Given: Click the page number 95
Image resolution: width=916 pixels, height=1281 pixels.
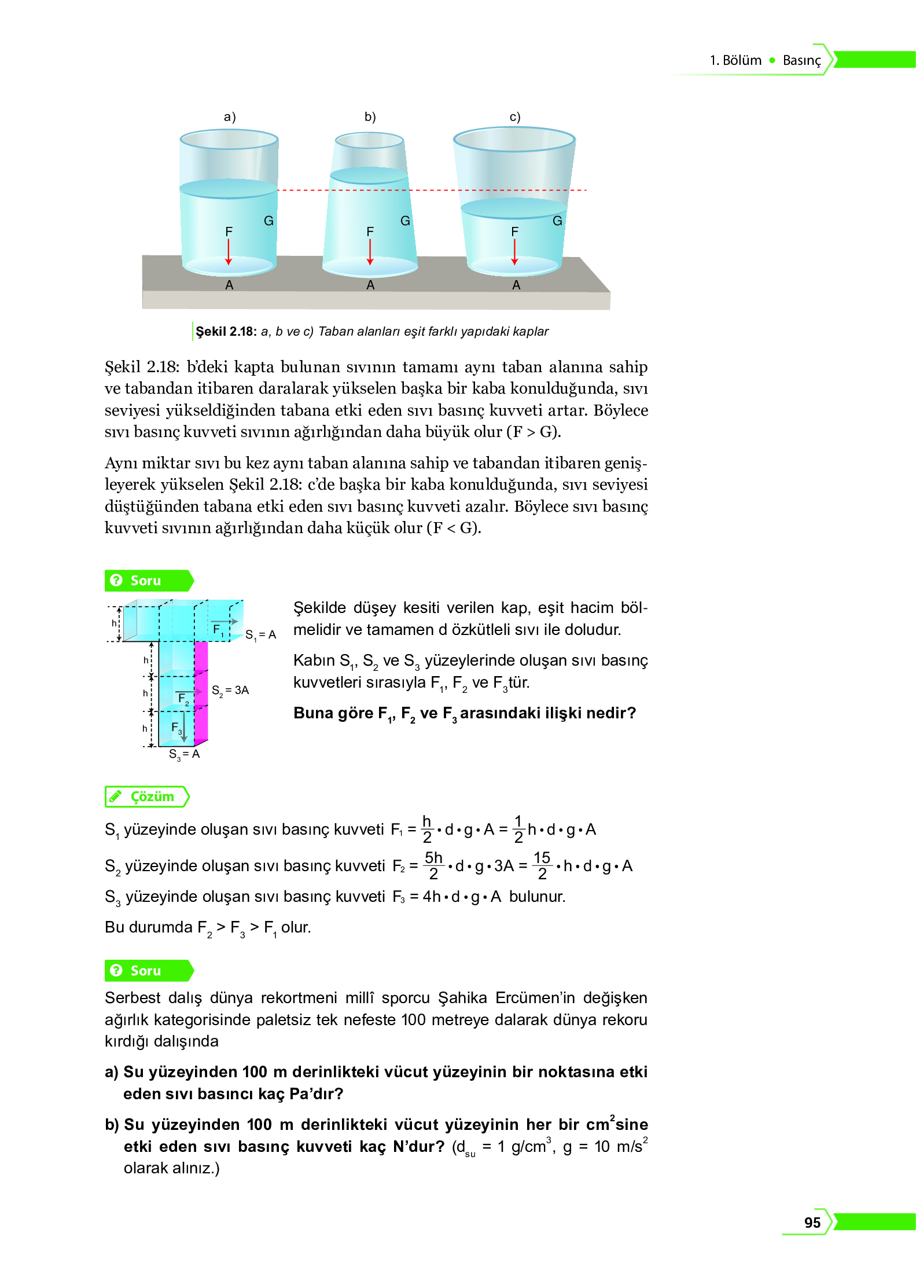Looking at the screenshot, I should pyautogui.click(x=812, y=1222).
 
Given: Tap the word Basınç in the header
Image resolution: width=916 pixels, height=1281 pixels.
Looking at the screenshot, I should pyautogui.click(x=801, y=60).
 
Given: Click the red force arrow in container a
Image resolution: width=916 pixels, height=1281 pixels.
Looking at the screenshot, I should pyautogui.click(x=229, y=252).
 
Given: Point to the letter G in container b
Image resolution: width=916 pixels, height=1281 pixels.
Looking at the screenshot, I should pyautogui.click(x=405, y=221).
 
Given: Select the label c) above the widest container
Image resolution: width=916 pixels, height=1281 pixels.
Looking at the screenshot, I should pyautogui.click(x=514, y=117).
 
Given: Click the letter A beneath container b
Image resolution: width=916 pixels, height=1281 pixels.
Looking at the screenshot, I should pyautogui.click(x=370, y=285).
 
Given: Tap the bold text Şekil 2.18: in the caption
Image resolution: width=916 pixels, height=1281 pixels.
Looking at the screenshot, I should pyautogui.click(x=226, y=331).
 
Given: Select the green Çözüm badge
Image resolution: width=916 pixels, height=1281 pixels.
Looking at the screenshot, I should pyautogui.click(x=147, y=797).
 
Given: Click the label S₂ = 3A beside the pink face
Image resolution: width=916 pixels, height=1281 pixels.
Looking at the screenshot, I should pyautogui.click(x=230, y=690).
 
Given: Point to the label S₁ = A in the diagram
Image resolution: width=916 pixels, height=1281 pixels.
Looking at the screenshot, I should pyautogui.click(x=260, y=635).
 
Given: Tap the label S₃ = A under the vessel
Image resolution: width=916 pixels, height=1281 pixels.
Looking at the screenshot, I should pyautogui.click(x=184, y=754).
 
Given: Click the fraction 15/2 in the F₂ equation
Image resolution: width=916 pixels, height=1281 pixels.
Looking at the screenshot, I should pyautogui.click(x=542, y=865).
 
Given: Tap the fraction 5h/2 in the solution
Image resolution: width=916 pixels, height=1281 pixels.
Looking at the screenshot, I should pyautogui.click(x=433, y=865).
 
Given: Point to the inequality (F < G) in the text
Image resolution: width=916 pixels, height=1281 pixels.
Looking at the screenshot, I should pyautogui.click(x=454, y=527).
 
